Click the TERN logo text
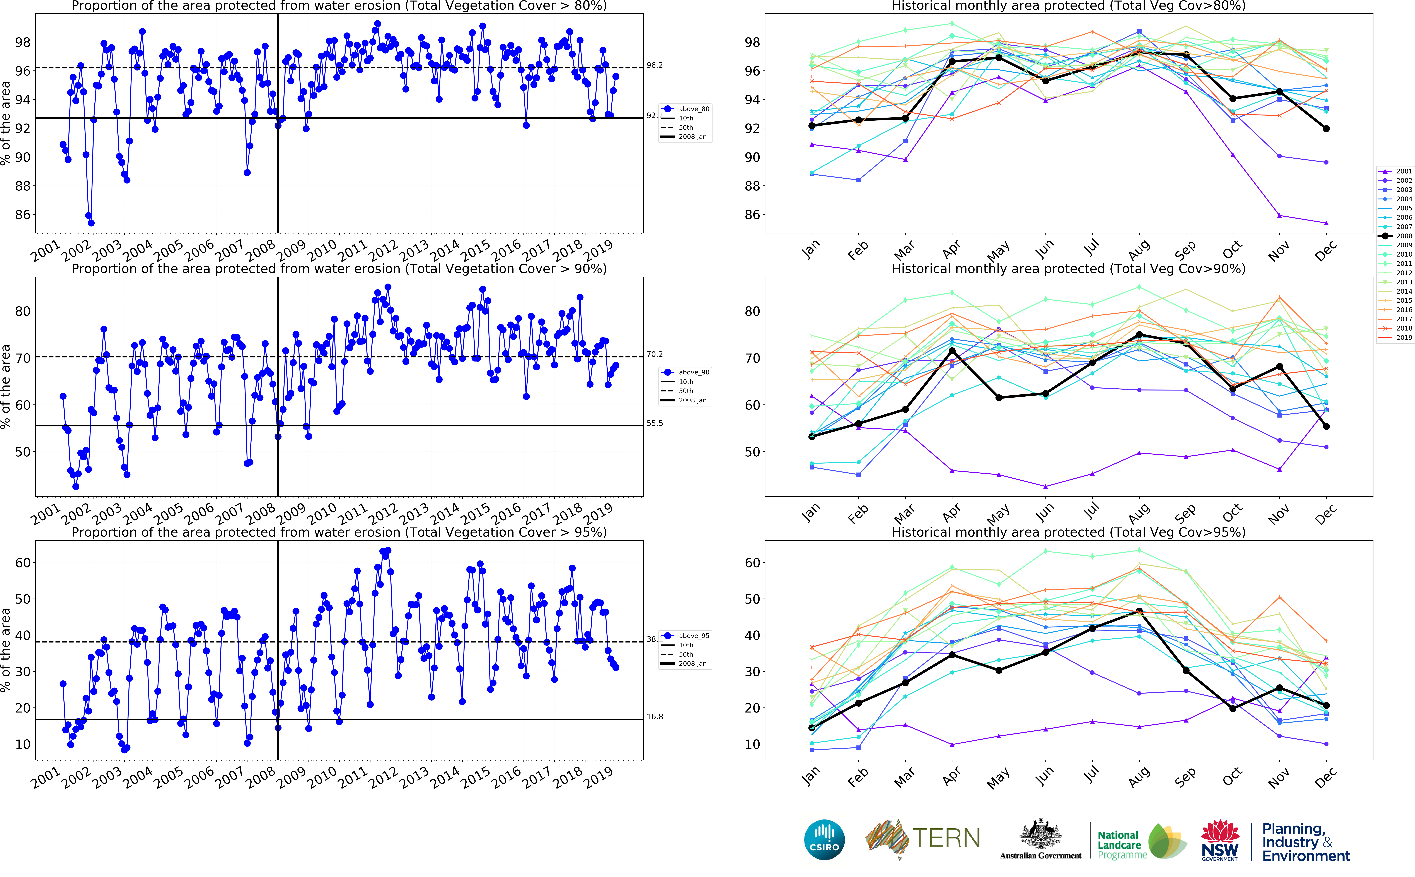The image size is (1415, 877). pyautogui.click(x=946, y=839)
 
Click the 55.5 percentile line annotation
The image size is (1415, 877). pyautogui.click(x=655, y=423)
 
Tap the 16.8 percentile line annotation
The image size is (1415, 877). pyautogui.click(x=655, y=717)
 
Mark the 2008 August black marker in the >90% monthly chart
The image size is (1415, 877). pyautogui.click(x=1139, y=335)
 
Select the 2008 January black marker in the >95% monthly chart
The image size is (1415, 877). pyautogui.click(x=811, y=728)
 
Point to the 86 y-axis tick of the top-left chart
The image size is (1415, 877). pyautogui.click(x=23, y=215)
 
